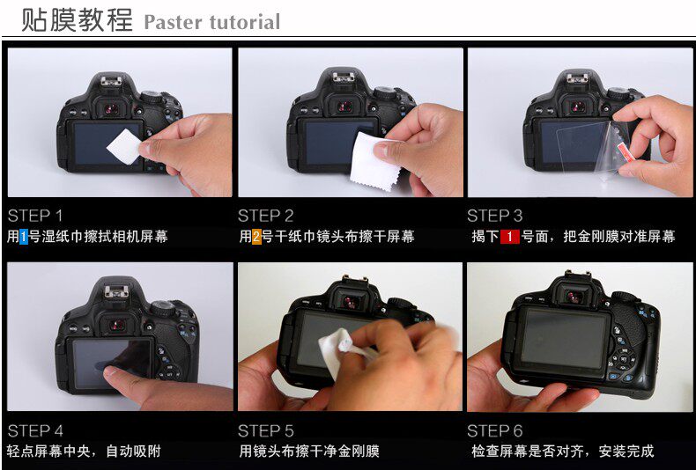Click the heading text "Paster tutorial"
click(212, 22)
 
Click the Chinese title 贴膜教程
click(77, 20)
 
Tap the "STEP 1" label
click(35, 216)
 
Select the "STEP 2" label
click(265, 216)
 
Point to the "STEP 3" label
click(495, 216)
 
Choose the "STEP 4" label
click(35, 431)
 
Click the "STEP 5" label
click(265, 431)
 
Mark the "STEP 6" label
click(495, 431)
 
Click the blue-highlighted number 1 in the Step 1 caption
click(24, 237)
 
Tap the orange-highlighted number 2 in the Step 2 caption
click(256, 237)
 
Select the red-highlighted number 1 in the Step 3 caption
click(509, 237)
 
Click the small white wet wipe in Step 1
click(124, 146)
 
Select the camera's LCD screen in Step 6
click(564, 338)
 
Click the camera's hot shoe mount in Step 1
click(110, 81)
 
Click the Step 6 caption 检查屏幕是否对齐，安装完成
click(562, 452)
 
